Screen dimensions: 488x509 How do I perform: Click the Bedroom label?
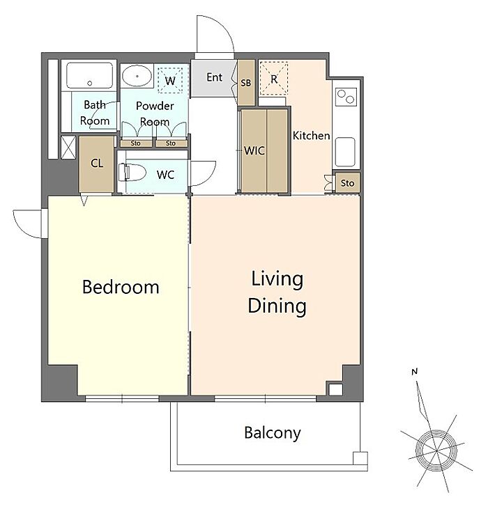(121, 287)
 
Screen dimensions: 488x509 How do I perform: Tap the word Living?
(277, 280)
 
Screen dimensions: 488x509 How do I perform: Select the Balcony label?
(273, 433)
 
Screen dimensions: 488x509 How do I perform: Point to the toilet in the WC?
(132, 172)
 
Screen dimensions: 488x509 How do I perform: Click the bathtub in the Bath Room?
(89, 75)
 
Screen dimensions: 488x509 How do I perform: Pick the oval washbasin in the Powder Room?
(137, 76)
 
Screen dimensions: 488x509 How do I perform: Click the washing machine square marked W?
(170, 80)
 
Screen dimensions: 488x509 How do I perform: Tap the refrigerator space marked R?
(274, 79)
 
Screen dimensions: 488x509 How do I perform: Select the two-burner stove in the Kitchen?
(346, 96)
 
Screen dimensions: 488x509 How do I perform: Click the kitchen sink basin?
(344, 152)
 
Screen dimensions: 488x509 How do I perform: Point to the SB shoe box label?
(245, 83)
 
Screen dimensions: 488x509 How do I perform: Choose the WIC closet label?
(254, 150)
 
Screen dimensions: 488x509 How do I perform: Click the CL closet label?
(97, 163)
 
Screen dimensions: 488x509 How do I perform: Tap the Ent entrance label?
(215, 77)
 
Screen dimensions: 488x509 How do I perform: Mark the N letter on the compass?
(414, 371)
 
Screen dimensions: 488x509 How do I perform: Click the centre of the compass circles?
(436, 451)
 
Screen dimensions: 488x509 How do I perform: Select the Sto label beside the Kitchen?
(347, 183)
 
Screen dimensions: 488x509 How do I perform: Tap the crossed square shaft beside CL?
(68, 148)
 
